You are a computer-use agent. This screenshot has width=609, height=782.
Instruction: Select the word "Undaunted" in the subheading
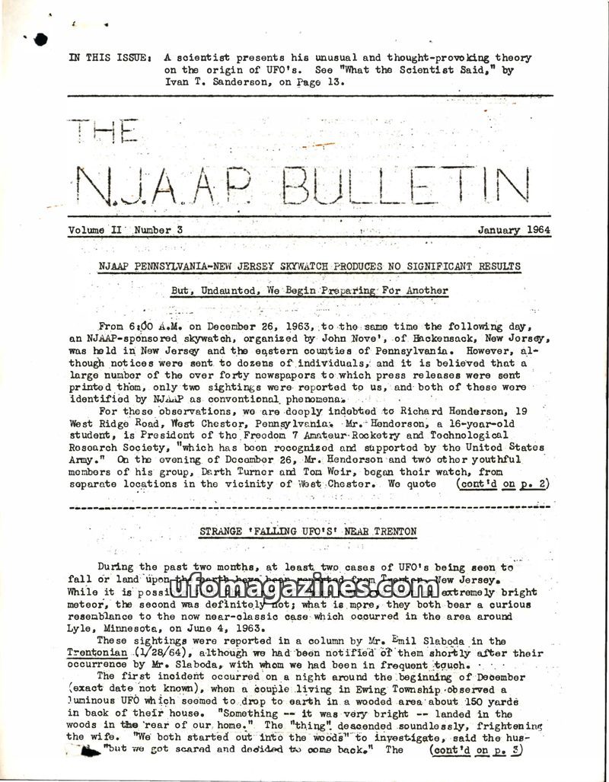click(228, 290)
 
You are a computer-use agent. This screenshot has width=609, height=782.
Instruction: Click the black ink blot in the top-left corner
click(40, 38)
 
